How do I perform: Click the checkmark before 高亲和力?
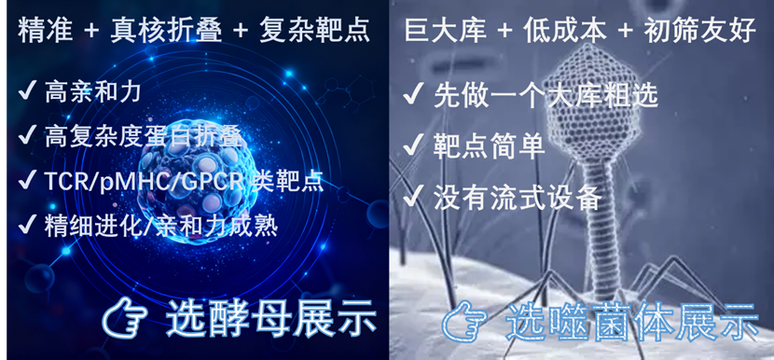[26, 91]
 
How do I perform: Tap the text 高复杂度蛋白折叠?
[145, 136]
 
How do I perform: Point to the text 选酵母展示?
[270, 320]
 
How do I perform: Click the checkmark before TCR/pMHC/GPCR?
[26, 181]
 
